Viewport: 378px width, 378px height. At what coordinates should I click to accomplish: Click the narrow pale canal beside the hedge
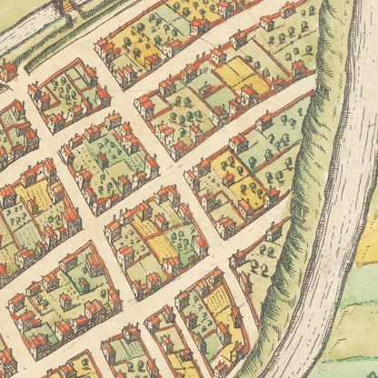27,32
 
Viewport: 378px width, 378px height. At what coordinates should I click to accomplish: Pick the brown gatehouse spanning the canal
64,7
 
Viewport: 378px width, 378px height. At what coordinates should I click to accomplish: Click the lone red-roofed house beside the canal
9,71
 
